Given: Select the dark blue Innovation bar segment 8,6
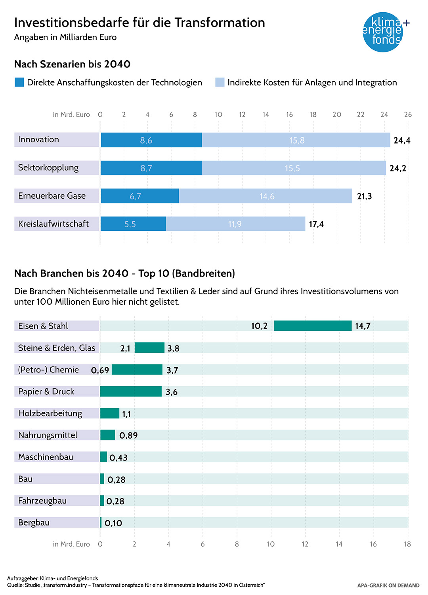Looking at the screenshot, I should pos(151,140).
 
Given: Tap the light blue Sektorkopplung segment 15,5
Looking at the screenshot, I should pos(294,168).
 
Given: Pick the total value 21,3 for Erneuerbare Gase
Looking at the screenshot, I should pos(364,196).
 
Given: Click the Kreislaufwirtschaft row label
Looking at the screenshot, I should pos(53,224).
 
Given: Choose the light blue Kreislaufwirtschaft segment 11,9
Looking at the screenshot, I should pos(235,224).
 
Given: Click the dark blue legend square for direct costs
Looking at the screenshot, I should pos(19,83).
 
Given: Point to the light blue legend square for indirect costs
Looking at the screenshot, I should pos(220,83).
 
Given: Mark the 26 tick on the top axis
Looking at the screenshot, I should pos(408,115).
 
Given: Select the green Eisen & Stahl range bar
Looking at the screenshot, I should pos(313,326).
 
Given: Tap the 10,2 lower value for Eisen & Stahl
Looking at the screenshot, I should pos(259,326).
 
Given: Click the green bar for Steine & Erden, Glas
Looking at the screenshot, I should pos(149,348).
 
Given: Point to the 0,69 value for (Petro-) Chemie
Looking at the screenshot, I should pos(100,370).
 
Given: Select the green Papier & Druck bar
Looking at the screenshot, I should pos(131,392).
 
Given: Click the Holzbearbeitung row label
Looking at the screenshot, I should pos(50,413).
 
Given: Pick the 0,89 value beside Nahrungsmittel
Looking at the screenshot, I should pos(128,436).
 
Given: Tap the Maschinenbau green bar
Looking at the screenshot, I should pos(103,457).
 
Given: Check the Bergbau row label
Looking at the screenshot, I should pos(34,522).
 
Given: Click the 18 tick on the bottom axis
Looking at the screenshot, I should pos(407,544).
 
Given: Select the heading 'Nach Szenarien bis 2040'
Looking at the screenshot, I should pos(72,64).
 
